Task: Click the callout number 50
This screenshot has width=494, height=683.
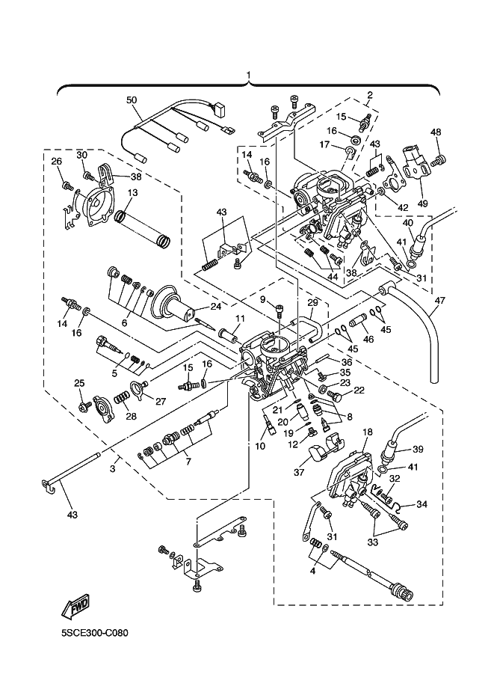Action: [132, 99]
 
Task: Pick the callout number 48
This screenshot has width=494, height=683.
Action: [436, 132]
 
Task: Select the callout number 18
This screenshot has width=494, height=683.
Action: [368, 432]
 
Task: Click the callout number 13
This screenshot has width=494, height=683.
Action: [132, 192]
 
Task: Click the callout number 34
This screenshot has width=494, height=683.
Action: [422, 504]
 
